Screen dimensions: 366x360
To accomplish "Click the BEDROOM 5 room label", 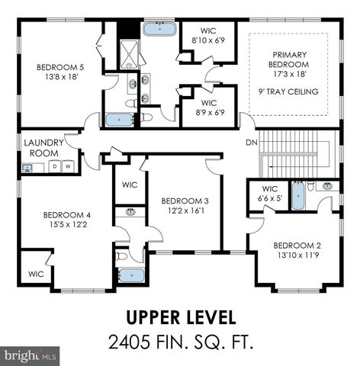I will pos(61,67).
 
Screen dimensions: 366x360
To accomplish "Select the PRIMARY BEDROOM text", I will pos(289,59).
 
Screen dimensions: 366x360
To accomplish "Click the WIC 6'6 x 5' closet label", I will pos(269,193).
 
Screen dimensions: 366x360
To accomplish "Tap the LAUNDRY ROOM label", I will pos(43,147).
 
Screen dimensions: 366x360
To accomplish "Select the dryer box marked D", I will pos(56,166).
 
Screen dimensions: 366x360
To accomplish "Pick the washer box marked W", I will pos(68,166).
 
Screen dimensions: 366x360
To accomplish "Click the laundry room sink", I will pos(27,168).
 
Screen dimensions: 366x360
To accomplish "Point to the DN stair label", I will pos(251,143).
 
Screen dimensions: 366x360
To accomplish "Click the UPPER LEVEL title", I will pos(180,316).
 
